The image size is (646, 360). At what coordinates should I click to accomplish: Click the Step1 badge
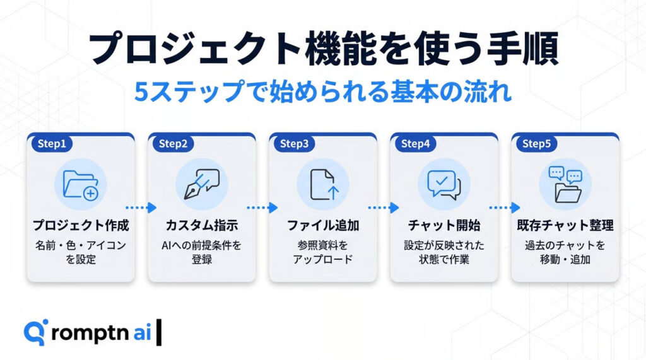pos(52,143)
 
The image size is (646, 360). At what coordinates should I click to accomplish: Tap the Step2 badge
pos(173,143)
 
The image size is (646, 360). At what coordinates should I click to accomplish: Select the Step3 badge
pos(294,143)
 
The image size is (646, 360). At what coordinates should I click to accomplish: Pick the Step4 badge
pos(415,143)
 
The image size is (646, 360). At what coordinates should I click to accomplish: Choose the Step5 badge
pos(536,143)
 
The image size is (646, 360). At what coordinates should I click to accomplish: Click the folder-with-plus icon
pos(81,185)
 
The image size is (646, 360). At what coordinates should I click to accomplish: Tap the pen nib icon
pos(202,184)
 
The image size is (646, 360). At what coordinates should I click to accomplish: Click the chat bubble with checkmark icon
pos(443,185)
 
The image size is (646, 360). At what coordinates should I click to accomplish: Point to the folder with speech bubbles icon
pos(565,185)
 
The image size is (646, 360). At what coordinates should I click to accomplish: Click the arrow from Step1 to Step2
pos(141,207)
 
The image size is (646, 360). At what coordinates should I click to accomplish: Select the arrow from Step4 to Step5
pos(505,207)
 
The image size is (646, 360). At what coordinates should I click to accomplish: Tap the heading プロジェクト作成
pos(81,225)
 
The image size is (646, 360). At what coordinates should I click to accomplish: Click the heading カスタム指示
pos(202,225)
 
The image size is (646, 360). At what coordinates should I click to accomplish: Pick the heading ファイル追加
pos(323,225)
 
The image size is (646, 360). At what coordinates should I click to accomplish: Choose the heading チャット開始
pos(444,225)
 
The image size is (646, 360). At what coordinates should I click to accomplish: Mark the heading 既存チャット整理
pos(565,225)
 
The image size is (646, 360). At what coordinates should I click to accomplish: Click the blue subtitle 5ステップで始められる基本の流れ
pos(323,91)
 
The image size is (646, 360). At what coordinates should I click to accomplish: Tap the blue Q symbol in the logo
pos(35,332)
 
